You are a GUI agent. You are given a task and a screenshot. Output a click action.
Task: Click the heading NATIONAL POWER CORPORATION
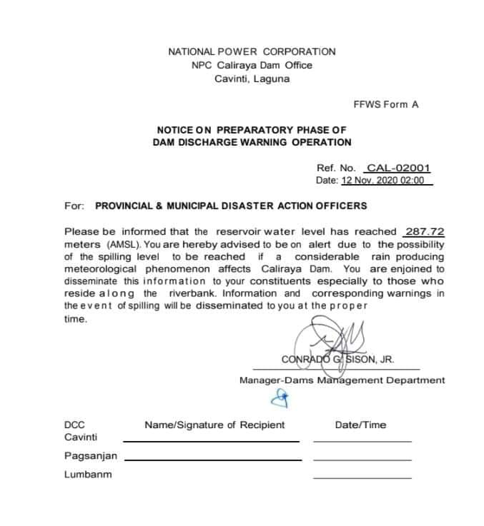tap(252, 51)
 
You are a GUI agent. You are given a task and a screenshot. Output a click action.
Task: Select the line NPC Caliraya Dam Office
tap(252, 65)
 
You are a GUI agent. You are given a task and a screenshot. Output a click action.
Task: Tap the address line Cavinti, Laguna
tap(252, 79)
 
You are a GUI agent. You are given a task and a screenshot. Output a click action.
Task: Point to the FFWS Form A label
tap(385, 104)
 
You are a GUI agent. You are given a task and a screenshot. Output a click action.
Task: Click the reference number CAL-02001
tap(398, 168)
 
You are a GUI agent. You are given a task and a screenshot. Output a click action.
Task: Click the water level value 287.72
tap(424, 231)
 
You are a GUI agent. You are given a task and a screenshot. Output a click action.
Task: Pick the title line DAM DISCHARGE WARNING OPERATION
tap(252, 142)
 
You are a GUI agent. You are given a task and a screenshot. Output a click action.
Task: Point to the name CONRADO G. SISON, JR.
tap(337, 359)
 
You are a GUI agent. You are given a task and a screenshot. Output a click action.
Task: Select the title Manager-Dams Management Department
tap(342, 380)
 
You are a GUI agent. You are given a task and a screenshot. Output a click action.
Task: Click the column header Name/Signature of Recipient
tap(214, 425)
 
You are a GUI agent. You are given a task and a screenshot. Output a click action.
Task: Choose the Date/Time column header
tap(360, 425)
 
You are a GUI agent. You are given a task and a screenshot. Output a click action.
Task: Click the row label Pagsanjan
tap(91, 455)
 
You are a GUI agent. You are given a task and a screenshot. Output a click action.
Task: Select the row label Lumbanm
tap(88, 474)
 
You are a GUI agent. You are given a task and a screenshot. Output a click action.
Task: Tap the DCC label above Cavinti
tap(74, 425)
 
